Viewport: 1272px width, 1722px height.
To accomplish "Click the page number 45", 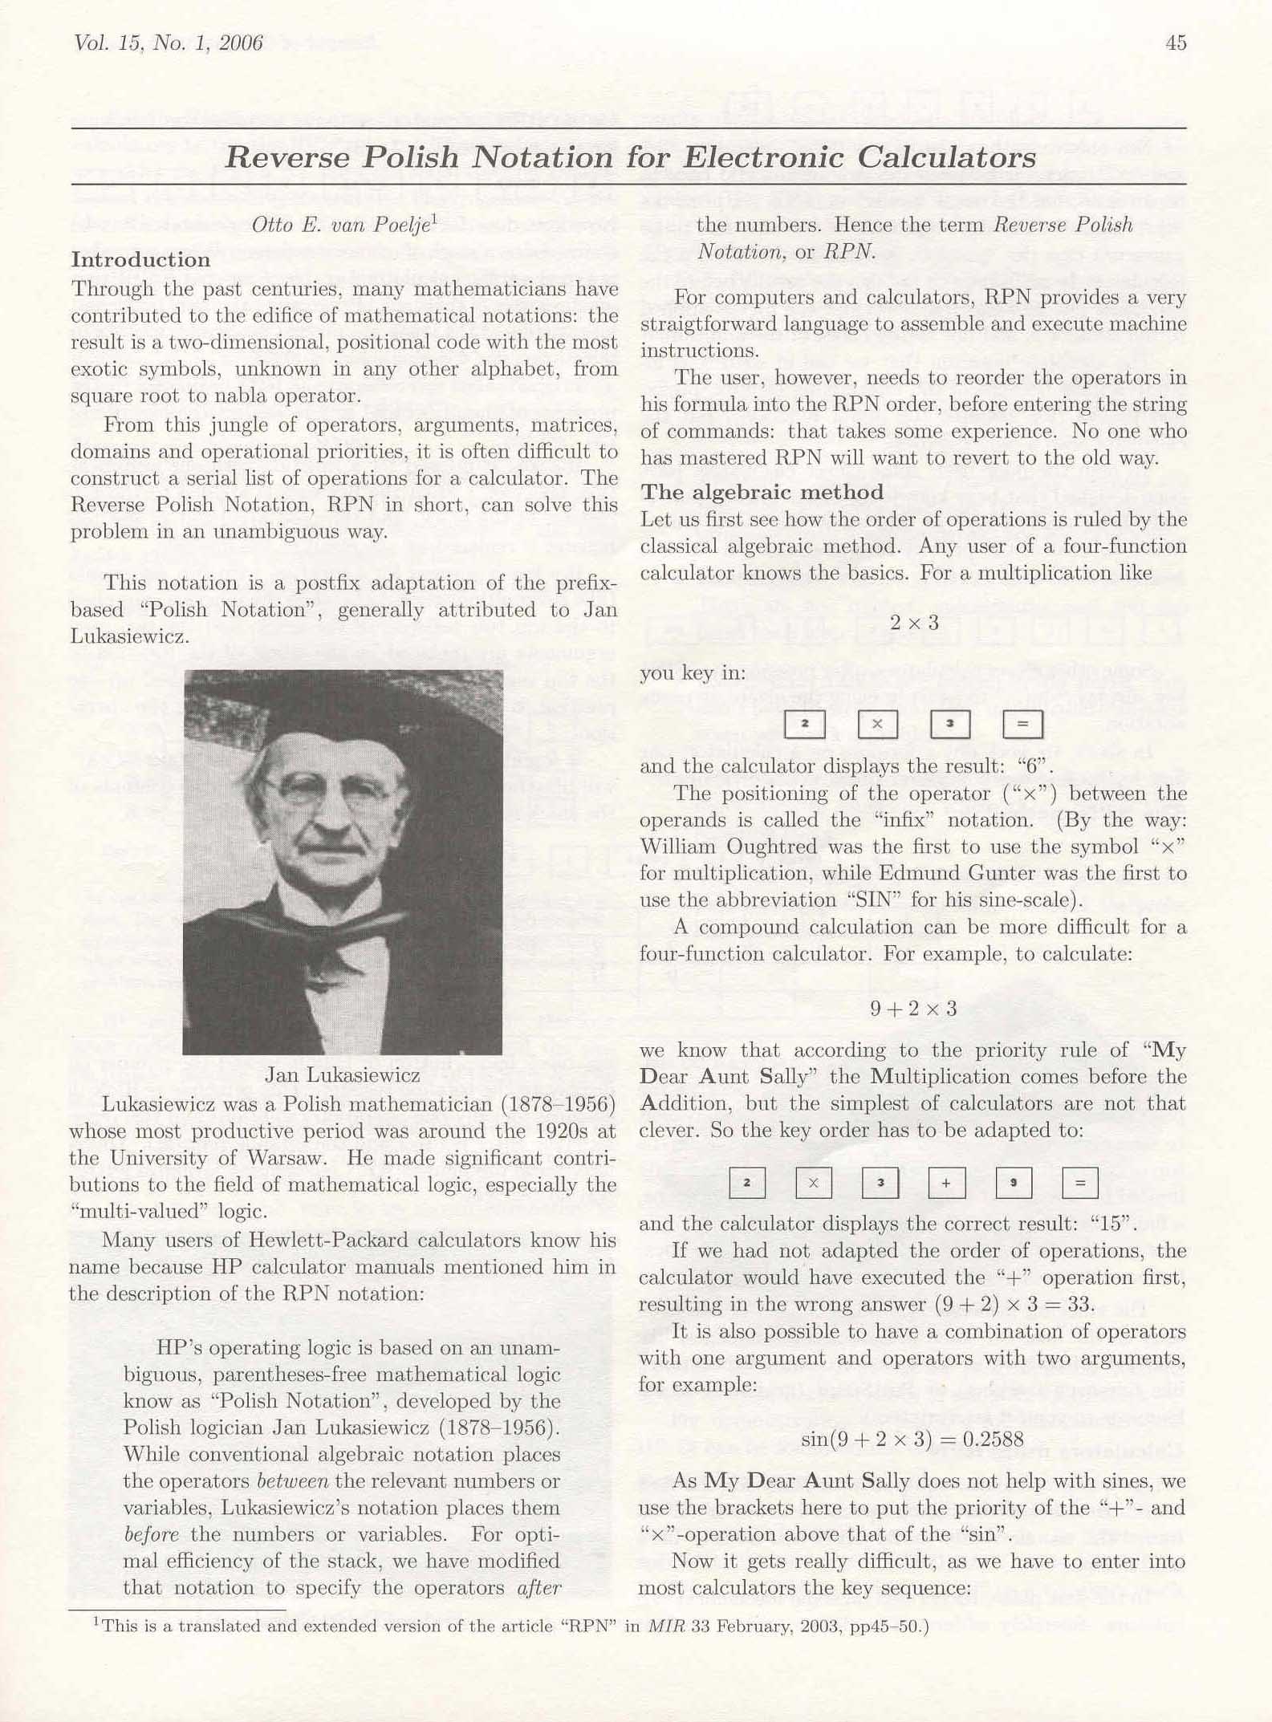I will tap(1175, 43).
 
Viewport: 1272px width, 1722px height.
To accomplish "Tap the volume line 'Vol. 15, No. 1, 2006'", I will tap(168, 43).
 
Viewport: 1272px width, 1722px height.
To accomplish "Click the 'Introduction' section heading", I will tap(140, 259).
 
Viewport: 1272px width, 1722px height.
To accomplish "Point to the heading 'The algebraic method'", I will tap(762, 492).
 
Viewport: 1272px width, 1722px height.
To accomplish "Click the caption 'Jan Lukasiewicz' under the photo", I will tap(342, 1074).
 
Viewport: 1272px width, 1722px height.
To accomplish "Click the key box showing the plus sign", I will tap(947, 1183).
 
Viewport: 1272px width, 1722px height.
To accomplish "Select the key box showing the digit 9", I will tap(1014, 1183).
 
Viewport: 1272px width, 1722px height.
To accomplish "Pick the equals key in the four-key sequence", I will tap(1022, 724).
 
